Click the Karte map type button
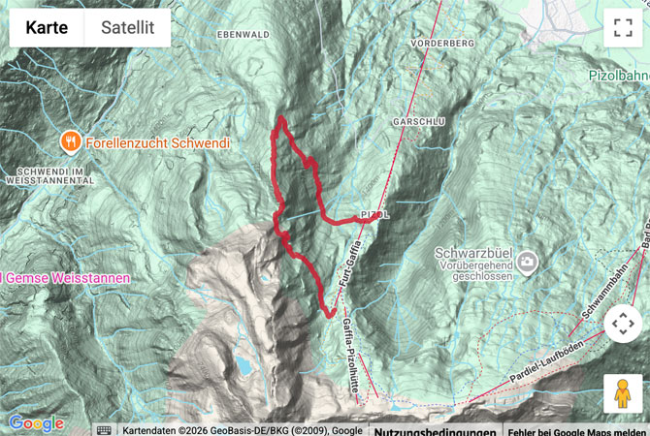click(x=47, y=28)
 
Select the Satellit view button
click(x=128, y=28)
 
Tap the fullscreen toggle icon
click(x=622, y=28)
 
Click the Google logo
click(x=36, y=423)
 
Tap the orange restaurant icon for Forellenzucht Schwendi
click(x=71, y=142)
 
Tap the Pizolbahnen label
click(x=619, y=75)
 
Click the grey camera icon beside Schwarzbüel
click(x=527, y=261)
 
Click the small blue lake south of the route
click(x=241, y=365)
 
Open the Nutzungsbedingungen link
click(x=435, y=430)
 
